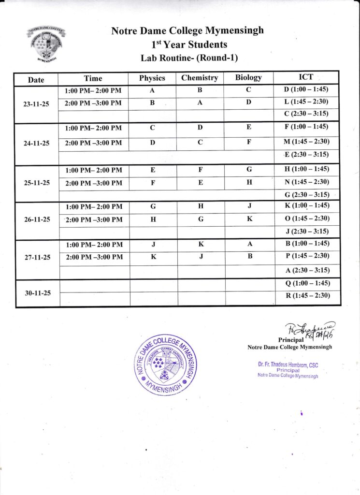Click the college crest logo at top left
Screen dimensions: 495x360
(46, 44)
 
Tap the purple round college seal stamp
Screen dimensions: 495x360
(165, 364)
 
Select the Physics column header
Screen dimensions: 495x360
(152, 78)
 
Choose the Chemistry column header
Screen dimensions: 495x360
(200, 78)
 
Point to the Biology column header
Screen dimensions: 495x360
(248, 77)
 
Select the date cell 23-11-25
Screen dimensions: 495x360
(37, 103)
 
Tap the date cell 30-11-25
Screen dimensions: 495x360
(37, 293)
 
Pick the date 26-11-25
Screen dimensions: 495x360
(37, 219)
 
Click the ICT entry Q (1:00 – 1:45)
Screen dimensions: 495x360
(308, 283)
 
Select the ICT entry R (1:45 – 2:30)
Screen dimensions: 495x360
(308, 296)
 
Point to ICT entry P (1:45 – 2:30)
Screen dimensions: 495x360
(307, 256)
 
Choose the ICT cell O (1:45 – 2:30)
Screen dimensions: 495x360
(307, 218)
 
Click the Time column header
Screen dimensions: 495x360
(93, 78)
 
